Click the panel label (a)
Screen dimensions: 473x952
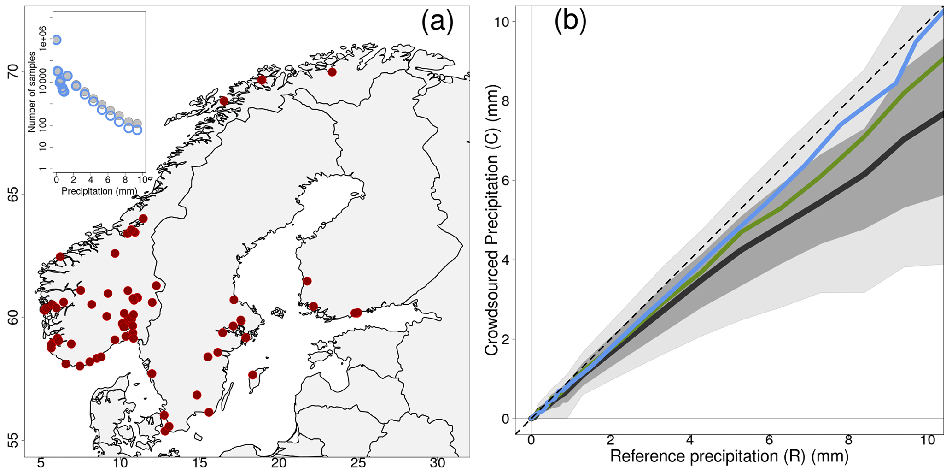(x=437, y=22)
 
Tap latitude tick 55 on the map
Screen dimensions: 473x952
(x=13, y=441)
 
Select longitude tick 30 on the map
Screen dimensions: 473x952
(x=438, y=463)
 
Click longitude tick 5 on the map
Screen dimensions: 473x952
(x=41, y=463)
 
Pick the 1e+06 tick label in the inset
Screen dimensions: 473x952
(x=43, y=39)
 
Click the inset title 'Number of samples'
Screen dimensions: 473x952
(x=32, y=92)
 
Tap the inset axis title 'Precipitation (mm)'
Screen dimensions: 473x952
(x=99, y=191)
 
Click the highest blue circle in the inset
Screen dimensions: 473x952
(x=56, y=40)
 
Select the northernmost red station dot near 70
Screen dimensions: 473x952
(x=332, y=72)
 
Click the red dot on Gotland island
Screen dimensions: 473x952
(x=252, y=375)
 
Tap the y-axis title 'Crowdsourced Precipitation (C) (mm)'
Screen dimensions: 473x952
(x=492, y=220)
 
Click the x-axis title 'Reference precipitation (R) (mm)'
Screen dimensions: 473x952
(x=729, y=456)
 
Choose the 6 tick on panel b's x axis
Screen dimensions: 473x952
(x=769, y=440)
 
